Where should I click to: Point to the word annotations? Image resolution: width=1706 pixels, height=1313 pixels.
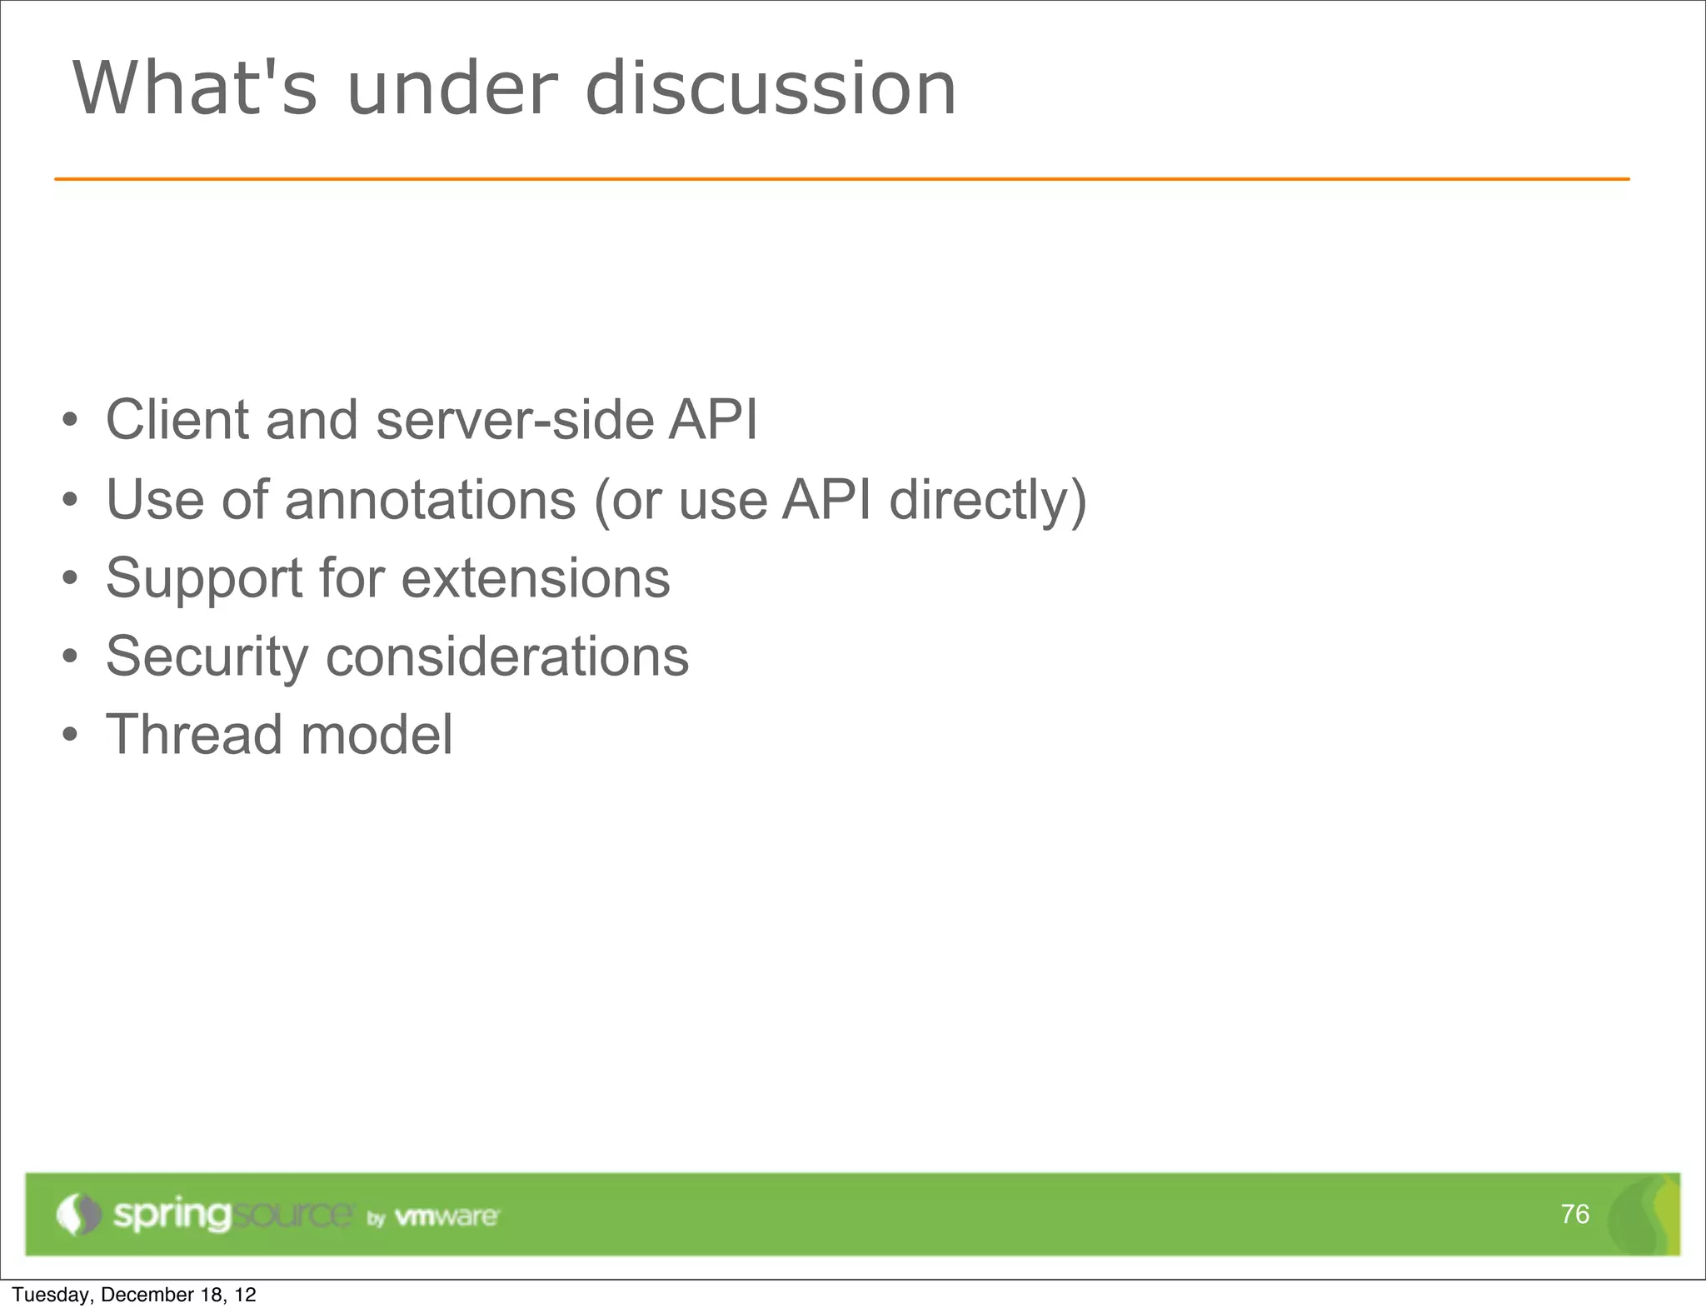pyautogui.click(x=430, y=500)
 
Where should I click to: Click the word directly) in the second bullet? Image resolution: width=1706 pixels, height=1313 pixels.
pyautogui.click(x=988, y=500)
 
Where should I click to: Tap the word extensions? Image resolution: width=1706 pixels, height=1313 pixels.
pyautogui.click(x=536, y=578)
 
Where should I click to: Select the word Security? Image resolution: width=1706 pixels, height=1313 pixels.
pyautogui.click(x=207, y=656)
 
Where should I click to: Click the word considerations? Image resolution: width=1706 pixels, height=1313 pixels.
pyautogui.click(x=506, y=656)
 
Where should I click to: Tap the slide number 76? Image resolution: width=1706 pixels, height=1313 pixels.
pyautogui.click(x=1574, y=1214)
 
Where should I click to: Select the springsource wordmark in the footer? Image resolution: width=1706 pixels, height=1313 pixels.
pyautogui.click(x=232, y=1215)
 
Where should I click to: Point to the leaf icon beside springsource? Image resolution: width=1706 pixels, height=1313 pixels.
pyautogui.click(x=78, y=1215)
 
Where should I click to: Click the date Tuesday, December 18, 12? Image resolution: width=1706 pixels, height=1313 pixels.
pyautogui.click(x=134, y=1295)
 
